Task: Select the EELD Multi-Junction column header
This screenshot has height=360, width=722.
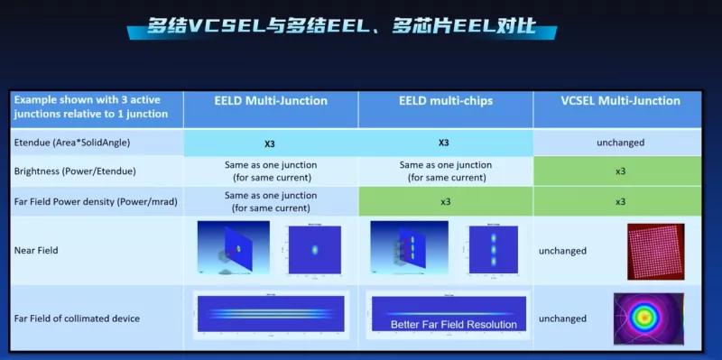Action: pos(270,101)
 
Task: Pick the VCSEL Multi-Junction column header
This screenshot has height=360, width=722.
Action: pos(619,101)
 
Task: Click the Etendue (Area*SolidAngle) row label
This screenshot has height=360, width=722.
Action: pos(71,143)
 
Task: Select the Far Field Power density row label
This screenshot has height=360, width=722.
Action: pos(89,201)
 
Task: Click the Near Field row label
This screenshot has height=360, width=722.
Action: pos(36,250)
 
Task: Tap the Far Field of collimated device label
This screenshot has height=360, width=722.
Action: pos(77,318)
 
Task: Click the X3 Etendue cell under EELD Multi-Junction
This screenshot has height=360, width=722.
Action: pos(270,143)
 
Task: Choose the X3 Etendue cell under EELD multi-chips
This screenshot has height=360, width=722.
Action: pos(444,143)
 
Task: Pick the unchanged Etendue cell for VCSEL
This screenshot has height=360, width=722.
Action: pos(619,143)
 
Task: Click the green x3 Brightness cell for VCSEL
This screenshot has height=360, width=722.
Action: pos(620,171)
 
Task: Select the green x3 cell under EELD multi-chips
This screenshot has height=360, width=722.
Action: pos(445,201)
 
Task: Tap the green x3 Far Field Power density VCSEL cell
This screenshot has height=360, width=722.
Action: pos(620,201)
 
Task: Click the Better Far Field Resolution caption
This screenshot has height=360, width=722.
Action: pos(454,325)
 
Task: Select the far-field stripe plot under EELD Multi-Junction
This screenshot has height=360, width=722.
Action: pos(270,313)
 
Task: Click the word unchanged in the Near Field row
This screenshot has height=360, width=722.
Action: pos(562,251)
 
